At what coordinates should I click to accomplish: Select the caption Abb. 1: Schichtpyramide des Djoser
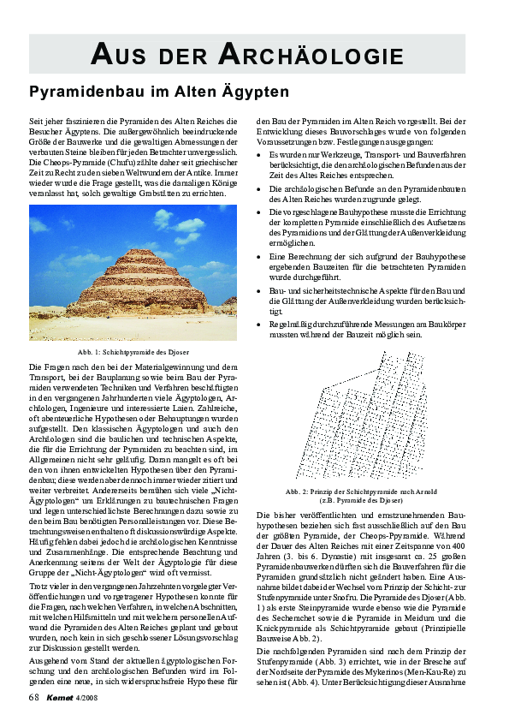[133, 353]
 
